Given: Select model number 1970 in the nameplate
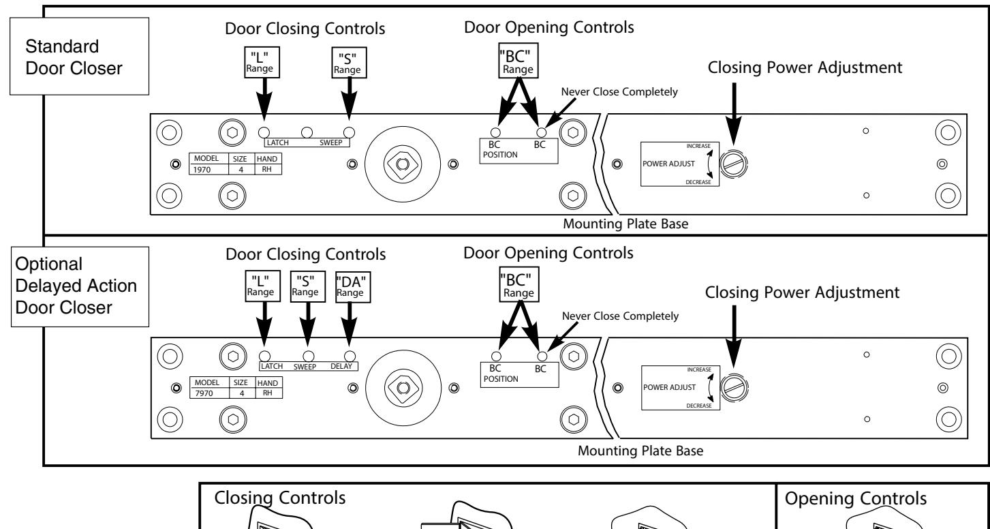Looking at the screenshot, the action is click(x=202, y=170).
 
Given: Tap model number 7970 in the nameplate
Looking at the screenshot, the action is click(x=204, y=393).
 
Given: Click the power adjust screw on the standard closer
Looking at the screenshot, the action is click(x=734, y=164).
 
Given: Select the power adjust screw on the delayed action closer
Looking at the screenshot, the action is click(x=734, y=388).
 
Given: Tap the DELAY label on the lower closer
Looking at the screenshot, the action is click(x=341, y=366).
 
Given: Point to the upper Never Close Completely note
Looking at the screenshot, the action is click(x=619, y=92).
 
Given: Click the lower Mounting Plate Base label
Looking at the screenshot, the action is click(x=640, y=451).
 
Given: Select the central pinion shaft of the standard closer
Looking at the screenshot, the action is click(x=403, y=164).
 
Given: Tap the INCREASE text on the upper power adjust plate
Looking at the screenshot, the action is click(x=698, y=146).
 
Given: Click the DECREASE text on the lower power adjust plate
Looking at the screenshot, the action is click(x=699, y=406).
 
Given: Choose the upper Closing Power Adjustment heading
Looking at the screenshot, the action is click(x=805, y=67).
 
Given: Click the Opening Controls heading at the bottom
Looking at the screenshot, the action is click(x=856, y=498).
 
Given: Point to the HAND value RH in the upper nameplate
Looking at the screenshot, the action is click(x=266, y=170).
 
